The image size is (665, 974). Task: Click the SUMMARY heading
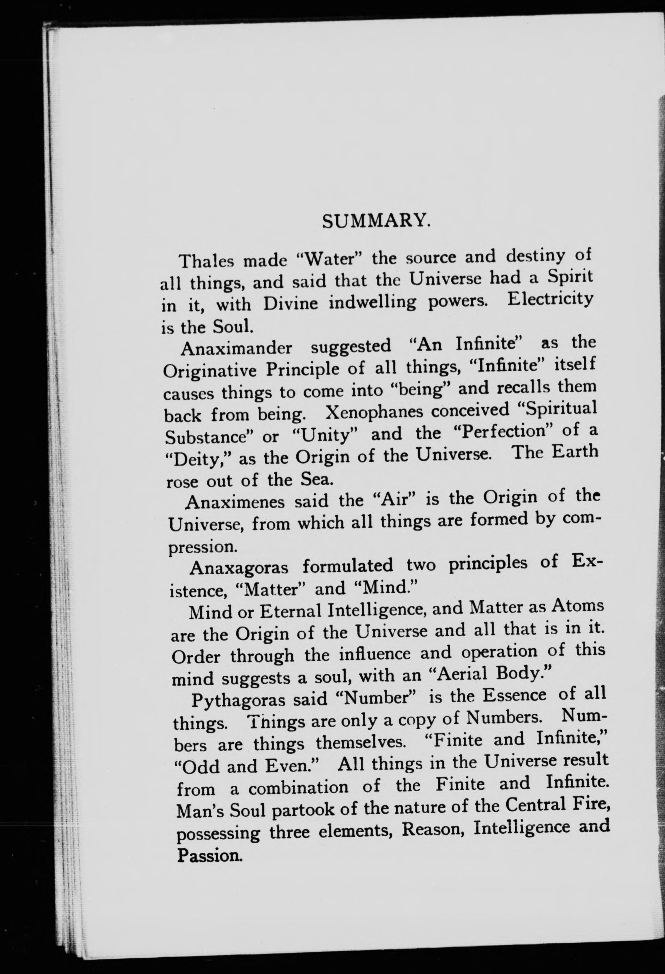point(376,221)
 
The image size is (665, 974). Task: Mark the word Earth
point(575,452)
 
